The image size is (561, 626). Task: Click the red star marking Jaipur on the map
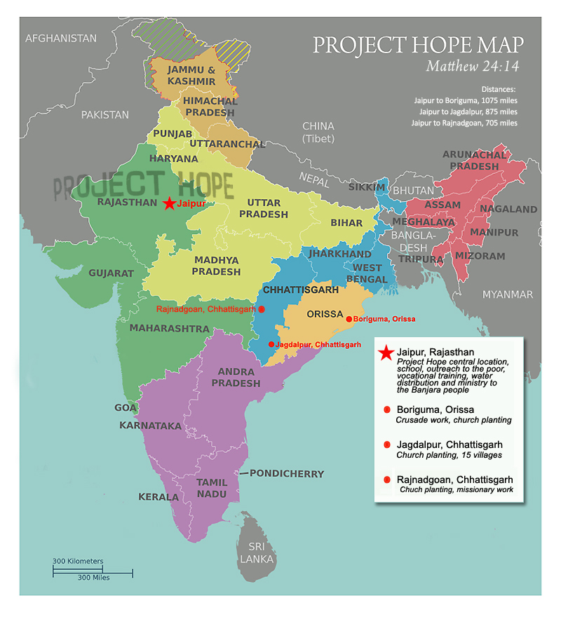[x=169, y=203]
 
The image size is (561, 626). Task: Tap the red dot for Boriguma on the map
[x=349, y=319]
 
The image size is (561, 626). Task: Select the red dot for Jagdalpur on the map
[x=271, y=344]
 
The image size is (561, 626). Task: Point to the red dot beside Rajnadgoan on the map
[x=262, y=308]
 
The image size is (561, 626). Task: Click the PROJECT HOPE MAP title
[x=418, y=45]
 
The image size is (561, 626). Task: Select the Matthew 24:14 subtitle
[x=475, y=67]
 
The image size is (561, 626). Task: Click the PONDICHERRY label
[x=287, y=474]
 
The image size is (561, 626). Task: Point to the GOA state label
[x=126, y=407]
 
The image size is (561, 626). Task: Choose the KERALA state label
[x=158, y=496]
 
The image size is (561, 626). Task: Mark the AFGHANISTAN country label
[x=61, y=38]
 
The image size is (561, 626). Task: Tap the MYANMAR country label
[x=507, y=294]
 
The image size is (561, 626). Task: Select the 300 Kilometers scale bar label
[x=78, y=561]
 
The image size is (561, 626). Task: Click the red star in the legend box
[x=385, y=353]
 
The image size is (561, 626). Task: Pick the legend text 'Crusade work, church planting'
[x=454, y=420]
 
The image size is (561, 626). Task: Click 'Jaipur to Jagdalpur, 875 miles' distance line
[x=468, y=111]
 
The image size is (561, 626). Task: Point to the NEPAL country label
[x=313, y=178]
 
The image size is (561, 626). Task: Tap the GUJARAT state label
[x=111, y=273]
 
